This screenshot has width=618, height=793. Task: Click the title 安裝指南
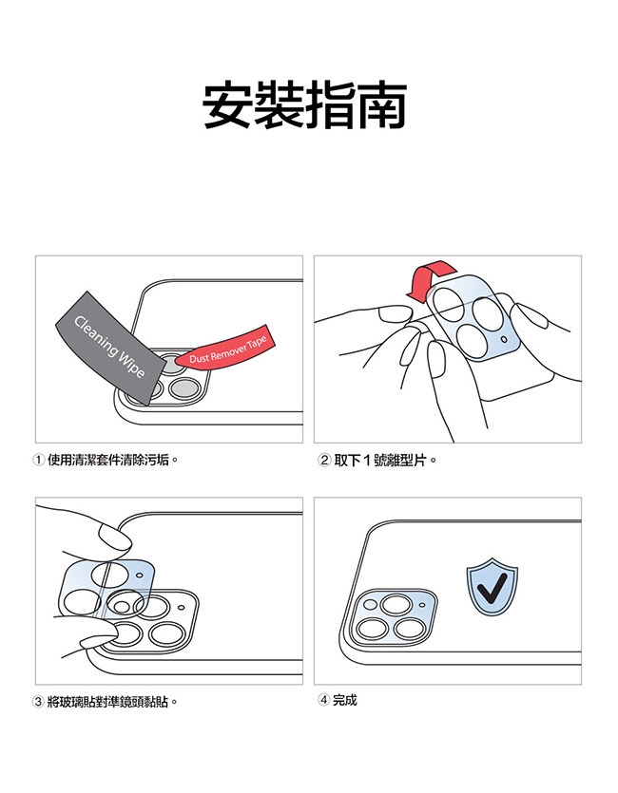tap(304, 104)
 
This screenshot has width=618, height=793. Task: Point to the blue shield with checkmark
tap(492, 587)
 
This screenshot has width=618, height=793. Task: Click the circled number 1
tap(38, 461)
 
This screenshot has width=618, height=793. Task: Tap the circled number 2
tap(324, 461)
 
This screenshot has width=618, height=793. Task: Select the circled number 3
tap(38, 702)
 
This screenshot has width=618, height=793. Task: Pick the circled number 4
tap(324, 700)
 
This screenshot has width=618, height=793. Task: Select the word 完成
tap(345, 700)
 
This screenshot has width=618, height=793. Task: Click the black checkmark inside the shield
tap(492, 588)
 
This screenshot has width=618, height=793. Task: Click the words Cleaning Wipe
tap(109, 347)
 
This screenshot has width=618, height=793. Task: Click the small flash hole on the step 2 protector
tap(504, 339)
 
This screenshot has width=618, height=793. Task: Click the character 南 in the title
tap(382, 104)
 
